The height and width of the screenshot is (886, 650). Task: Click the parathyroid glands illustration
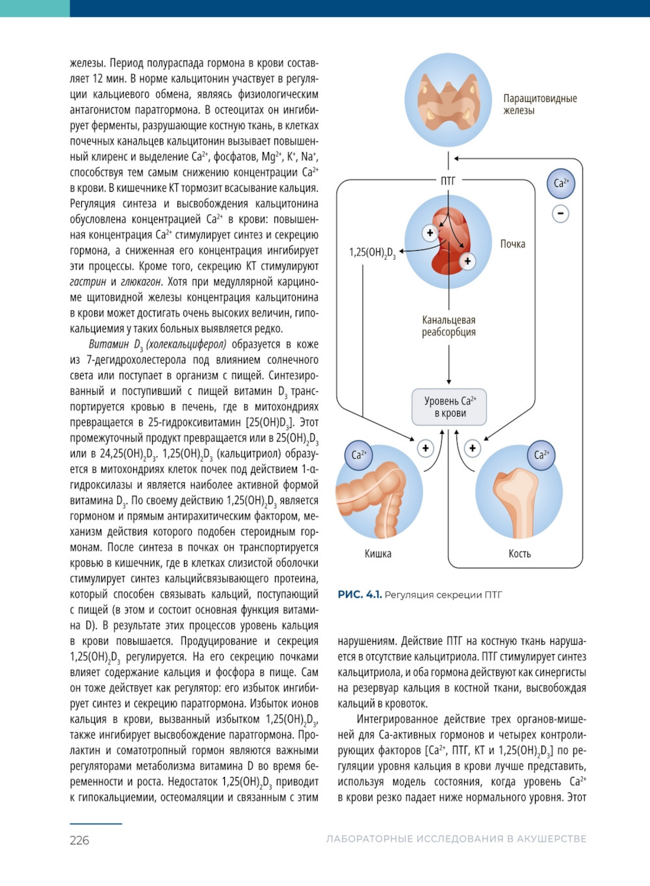tap(448, 100)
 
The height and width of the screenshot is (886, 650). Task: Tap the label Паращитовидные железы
tap(539, 105)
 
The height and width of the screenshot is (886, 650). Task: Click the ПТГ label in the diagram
tap(448, 181)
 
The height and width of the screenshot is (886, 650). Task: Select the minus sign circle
tap(560, 213)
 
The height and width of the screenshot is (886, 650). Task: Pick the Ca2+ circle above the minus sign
tap(561, 183)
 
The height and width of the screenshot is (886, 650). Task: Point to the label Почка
tap(512, 244)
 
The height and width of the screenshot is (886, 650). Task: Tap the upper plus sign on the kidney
tap(430, 232)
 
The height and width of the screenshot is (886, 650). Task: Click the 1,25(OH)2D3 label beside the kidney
tap(372, 252)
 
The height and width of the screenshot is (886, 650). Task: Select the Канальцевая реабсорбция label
tap(448, 326)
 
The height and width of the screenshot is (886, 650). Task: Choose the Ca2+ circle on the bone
tap(541, 455)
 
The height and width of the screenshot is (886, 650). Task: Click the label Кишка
tap(378, 553)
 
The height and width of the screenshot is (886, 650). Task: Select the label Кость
tap(519, 553)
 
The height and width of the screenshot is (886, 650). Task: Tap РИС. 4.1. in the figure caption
tap(359, 594)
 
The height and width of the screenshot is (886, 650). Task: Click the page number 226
tap(79, 841)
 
